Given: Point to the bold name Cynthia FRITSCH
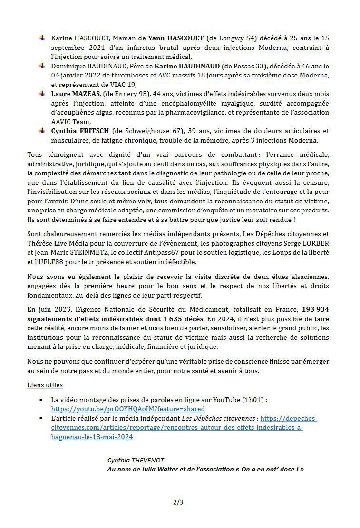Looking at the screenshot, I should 78,131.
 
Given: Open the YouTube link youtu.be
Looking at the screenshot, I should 128,409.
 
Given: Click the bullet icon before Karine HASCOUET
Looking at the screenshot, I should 42,38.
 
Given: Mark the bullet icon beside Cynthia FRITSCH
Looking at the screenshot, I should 42,131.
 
